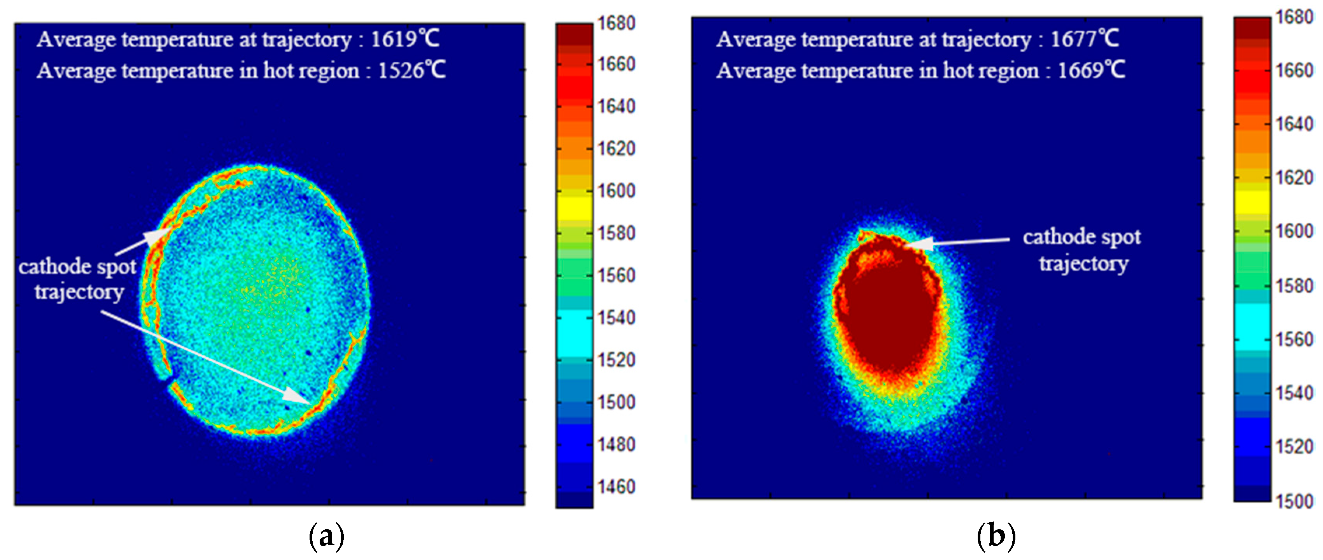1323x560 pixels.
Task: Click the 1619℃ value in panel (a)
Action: [x=405, y=39]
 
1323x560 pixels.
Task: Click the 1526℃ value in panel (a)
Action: [x=411, y=70]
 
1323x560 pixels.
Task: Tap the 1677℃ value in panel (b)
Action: [x=1084, y=39]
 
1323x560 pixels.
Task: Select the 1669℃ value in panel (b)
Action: [x=1091, y=70]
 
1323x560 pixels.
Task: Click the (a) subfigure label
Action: [x=326, y=537]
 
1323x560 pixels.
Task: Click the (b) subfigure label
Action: [x=996, y=537]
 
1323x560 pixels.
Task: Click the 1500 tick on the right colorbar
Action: [x=1294, y=501]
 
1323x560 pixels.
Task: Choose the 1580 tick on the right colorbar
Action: [x=1294, y=286]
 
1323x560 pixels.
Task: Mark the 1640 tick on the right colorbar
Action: [x=1294, y=124]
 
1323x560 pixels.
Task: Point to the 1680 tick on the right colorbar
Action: [x=1294, y=17]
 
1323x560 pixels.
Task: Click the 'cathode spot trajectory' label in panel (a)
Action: [x=78, y=279]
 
